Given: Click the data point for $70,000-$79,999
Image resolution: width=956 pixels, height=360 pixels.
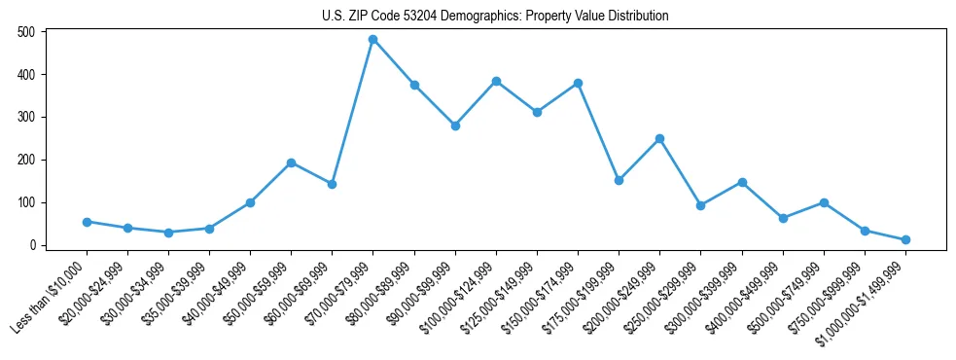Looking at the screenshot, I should pos(372,40).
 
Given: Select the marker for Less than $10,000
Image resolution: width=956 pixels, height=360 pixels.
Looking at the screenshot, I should pos(87,222).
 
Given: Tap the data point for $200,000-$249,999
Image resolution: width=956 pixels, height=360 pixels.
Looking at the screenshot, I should pos(659,138).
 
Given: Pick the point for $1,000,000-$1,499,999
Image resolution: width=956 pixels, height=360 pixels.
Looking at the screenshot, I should pos(905,239).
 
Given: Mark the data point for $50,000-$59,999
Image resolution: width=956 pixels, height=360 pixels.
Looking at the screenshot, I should pos(291,162).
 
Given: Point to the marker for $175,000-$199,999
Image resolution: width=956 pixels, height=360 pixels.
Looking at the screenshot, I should pos(619,180).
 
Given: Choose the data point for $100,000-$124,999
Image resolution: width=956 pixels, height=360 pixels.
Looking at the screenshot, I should pos(496,81).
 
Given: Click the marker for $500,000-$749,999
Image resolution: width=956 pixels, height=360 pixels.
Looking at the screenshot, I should pos(824,202).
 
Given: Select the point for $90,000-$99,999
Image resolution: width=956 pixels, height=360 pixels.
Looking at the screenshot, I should pos(455,126).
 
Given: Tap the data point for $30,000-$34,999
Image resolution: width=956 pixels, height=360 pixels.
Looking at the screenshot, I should pos(168,233).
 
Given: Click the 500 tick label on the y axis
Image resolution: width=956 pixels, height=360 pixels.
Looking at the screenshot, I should pos(26,32).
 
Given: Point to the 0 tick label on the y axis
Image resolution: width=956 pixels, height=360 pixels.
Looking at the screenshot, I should pos(32,245).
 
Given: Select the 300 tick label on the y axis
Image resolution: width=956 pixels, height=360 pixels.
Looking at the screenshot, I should pos(26,117).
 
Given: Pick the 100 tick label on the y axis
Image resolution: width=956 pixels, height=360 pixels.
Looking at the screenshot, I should pos(26,202).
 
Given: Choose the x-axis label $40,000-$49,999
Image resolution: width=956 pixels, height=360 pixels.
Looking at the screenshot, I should pos(216,293).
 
